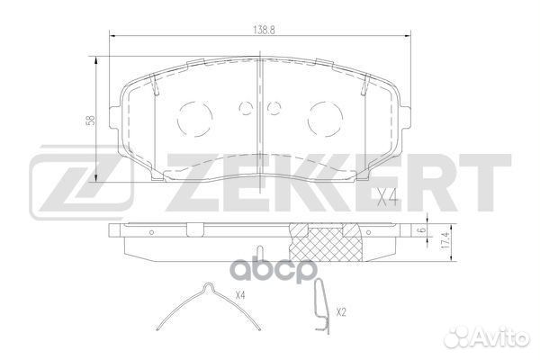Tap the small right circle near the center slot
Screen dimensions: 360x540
pyautogui.click(x=271, y=109)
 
